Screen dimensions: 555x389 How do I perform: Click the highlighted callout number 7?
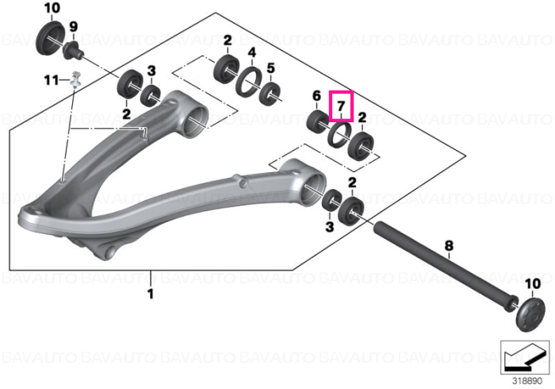tap(341, 106)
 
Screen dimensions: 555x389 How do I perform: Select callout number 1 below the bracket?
tap(151, 294)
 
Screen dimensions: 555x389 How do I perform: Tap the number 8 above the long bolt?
tap(449, 245)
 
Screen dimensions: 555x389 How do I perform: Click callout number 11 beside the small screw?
tap(52, 80)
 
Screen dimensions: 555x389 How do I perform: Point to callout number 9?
tap(73, 26)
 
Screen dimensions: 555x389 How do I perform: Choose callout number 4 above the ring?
tap(251, 52)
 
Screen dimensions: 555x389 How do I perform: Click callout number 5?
tap(271, 67)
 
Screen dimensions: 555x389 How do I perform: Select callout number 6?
tap(316, 95)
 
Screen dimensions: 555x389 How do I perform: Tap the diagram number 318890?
tap(527, 381)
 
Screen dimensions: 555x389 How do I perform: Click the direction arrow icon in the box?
tap(524, 357)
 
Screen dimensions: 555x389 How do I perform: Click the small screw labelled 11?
tap(75, 79)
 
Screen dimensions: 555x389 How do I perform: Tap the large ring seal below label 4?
tap(249, 81)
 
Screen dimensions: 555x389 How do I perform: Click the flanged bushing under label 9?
tap(73, 51)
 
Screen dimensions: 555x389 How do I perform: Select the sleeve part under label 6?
tap(317, 121)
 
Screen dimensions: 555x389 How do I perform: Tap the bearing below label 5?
tap(270, 94)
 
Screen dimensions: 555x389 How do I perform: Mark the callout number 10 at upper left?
tap(52, 8)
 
